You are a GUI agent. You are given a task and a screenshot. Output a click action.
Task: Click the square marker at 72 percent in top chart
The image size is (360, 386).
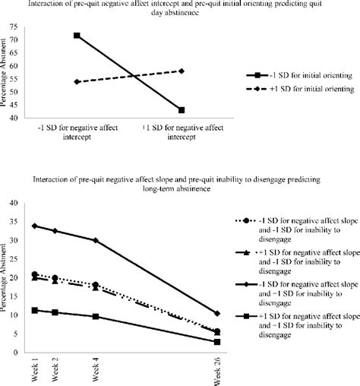77,36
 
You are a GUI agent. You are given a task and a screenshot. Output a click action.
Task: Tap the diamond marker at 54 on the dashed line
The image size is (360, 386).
77,82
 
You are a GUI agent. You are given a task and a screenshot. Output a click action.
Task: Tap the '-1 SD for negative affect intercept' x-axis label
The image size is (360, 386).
77,134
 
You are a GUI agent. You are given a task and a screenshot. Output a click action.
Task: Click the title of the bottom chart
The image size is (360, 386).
179,183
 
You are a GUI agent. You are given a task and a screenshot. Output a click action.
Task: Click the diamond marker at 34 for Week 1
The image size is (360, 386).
34,226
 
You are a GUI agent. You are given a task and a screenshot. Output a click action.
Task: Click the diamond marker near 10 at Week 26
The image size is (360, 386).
218,313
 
